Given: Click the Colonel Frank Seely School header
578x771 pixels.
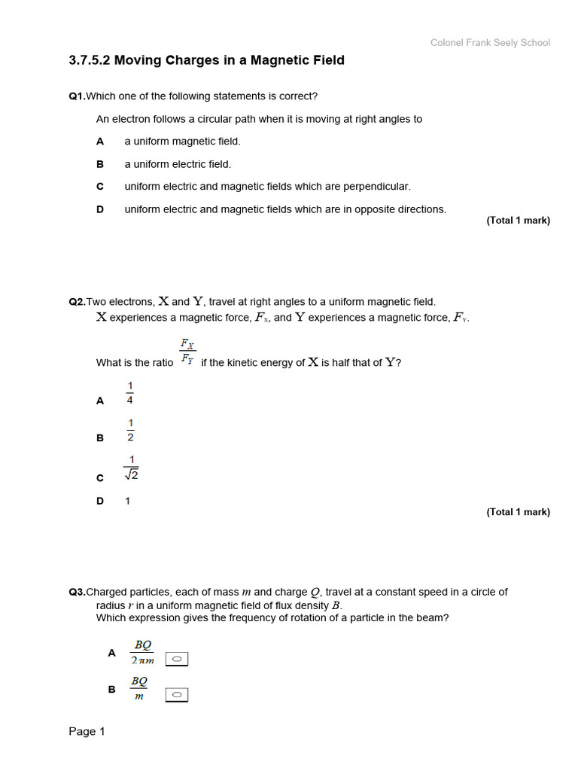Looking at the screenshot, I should tap(490, 43).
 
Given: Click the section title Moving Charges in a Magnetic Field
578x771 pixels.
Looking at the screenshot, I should tap(206, 60).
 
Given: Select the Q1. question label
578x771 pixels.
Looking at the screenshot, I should tap(77, 96).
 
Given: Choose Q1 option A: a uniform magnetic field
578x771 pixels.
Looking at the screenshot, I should tap(182, 142).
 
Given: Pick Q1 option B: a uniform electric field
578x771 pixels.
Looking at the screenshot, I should tap(178, 164).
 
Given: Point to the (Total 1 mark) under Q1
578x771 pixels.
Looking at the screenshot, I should tap(518, 221).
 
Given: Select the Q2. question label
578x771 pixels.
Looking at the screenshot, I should tap(77, 302).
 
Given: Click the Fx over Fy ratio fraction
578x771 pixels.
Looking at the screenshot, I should tap(187, 352).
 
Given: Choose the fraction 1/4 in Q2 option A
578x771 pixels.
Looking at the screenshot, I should tap(129, 393).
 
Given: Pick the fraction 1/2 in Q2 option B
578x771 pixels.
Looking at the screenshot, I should tap(129, 430).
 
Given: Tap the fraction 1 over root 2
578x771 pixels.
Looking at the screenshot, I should tap(131, 468).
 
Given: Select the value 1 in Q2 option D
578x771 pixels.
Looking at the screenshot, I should tap(128, 501).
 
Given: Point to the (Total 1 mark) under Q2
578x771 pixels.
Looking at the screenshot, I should tap(518, 512).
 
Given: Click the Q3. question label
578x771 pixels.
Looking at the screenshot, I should tap(77, 593).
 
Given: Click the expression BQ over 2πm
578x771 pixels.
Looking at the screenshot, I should tap(142, 652).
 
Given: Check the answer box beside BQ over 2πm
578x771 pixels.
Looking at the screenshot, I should tap(177, 660).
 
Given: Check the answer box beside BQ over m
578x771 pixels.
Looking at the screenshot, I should tap(177, 694).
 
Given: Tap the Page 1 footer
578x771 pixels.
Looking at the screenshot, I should tap(87, 732).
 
